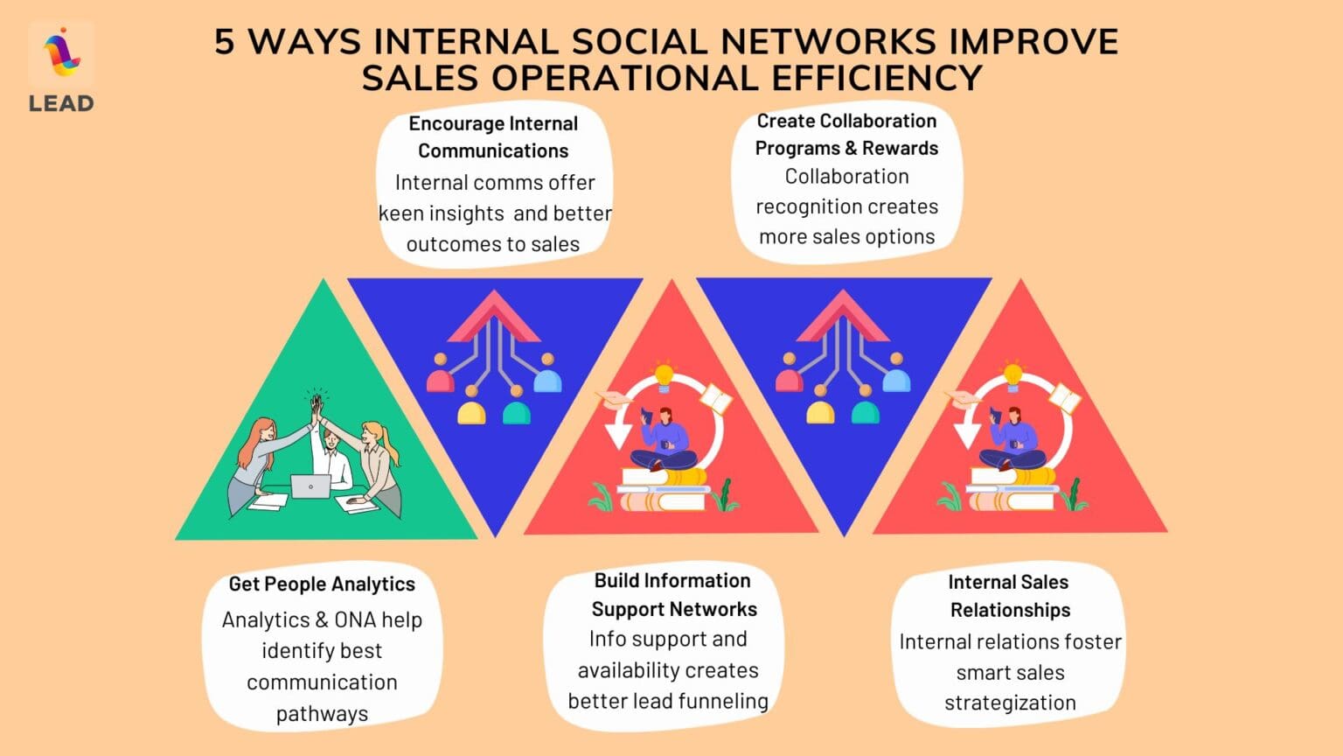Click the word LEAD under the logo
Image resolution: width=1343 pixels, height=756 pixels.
click(x=61, y=103)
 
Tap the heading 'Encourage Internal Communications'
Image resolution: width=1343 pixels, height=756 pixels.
click(x=493, y=137)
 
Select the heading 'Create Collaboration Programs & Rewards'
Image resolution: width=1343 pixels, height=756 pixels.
click(x=846, y=134)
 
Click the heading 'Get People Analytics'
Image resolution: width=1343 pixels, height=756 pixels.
click(x=322, y=584)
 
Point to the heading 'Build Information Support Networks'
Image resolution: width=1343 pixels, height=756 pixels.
click(x=673, y=595)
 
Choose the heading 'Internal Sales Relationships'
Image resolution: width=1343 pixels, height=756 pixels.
click(x=1010, y=596)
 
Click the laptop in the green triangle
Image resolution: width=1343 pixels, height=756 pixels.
click(x=310, y=486)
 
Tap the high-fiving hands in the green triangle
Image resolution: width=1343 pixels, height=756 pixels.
click(x=317, y=404)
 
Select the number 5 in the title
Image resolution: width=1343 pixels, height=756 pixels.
click(x=225, y=42)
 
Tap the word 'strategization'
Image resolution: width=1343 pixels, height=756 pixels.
click(x=1010, y=703)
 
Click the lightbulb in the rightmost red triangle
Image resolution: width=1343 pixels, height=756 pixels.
click(x=1013, y=374)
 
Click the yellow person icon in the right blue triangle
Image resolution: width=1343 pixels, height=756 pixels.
click(x=820, y=411)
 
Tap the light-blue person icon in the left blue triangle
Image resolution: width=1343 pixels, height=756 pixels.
click(x=547, y=381)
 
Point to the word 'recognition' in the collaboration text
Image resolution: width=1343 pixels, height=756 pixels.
click(x=846, y=206)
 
